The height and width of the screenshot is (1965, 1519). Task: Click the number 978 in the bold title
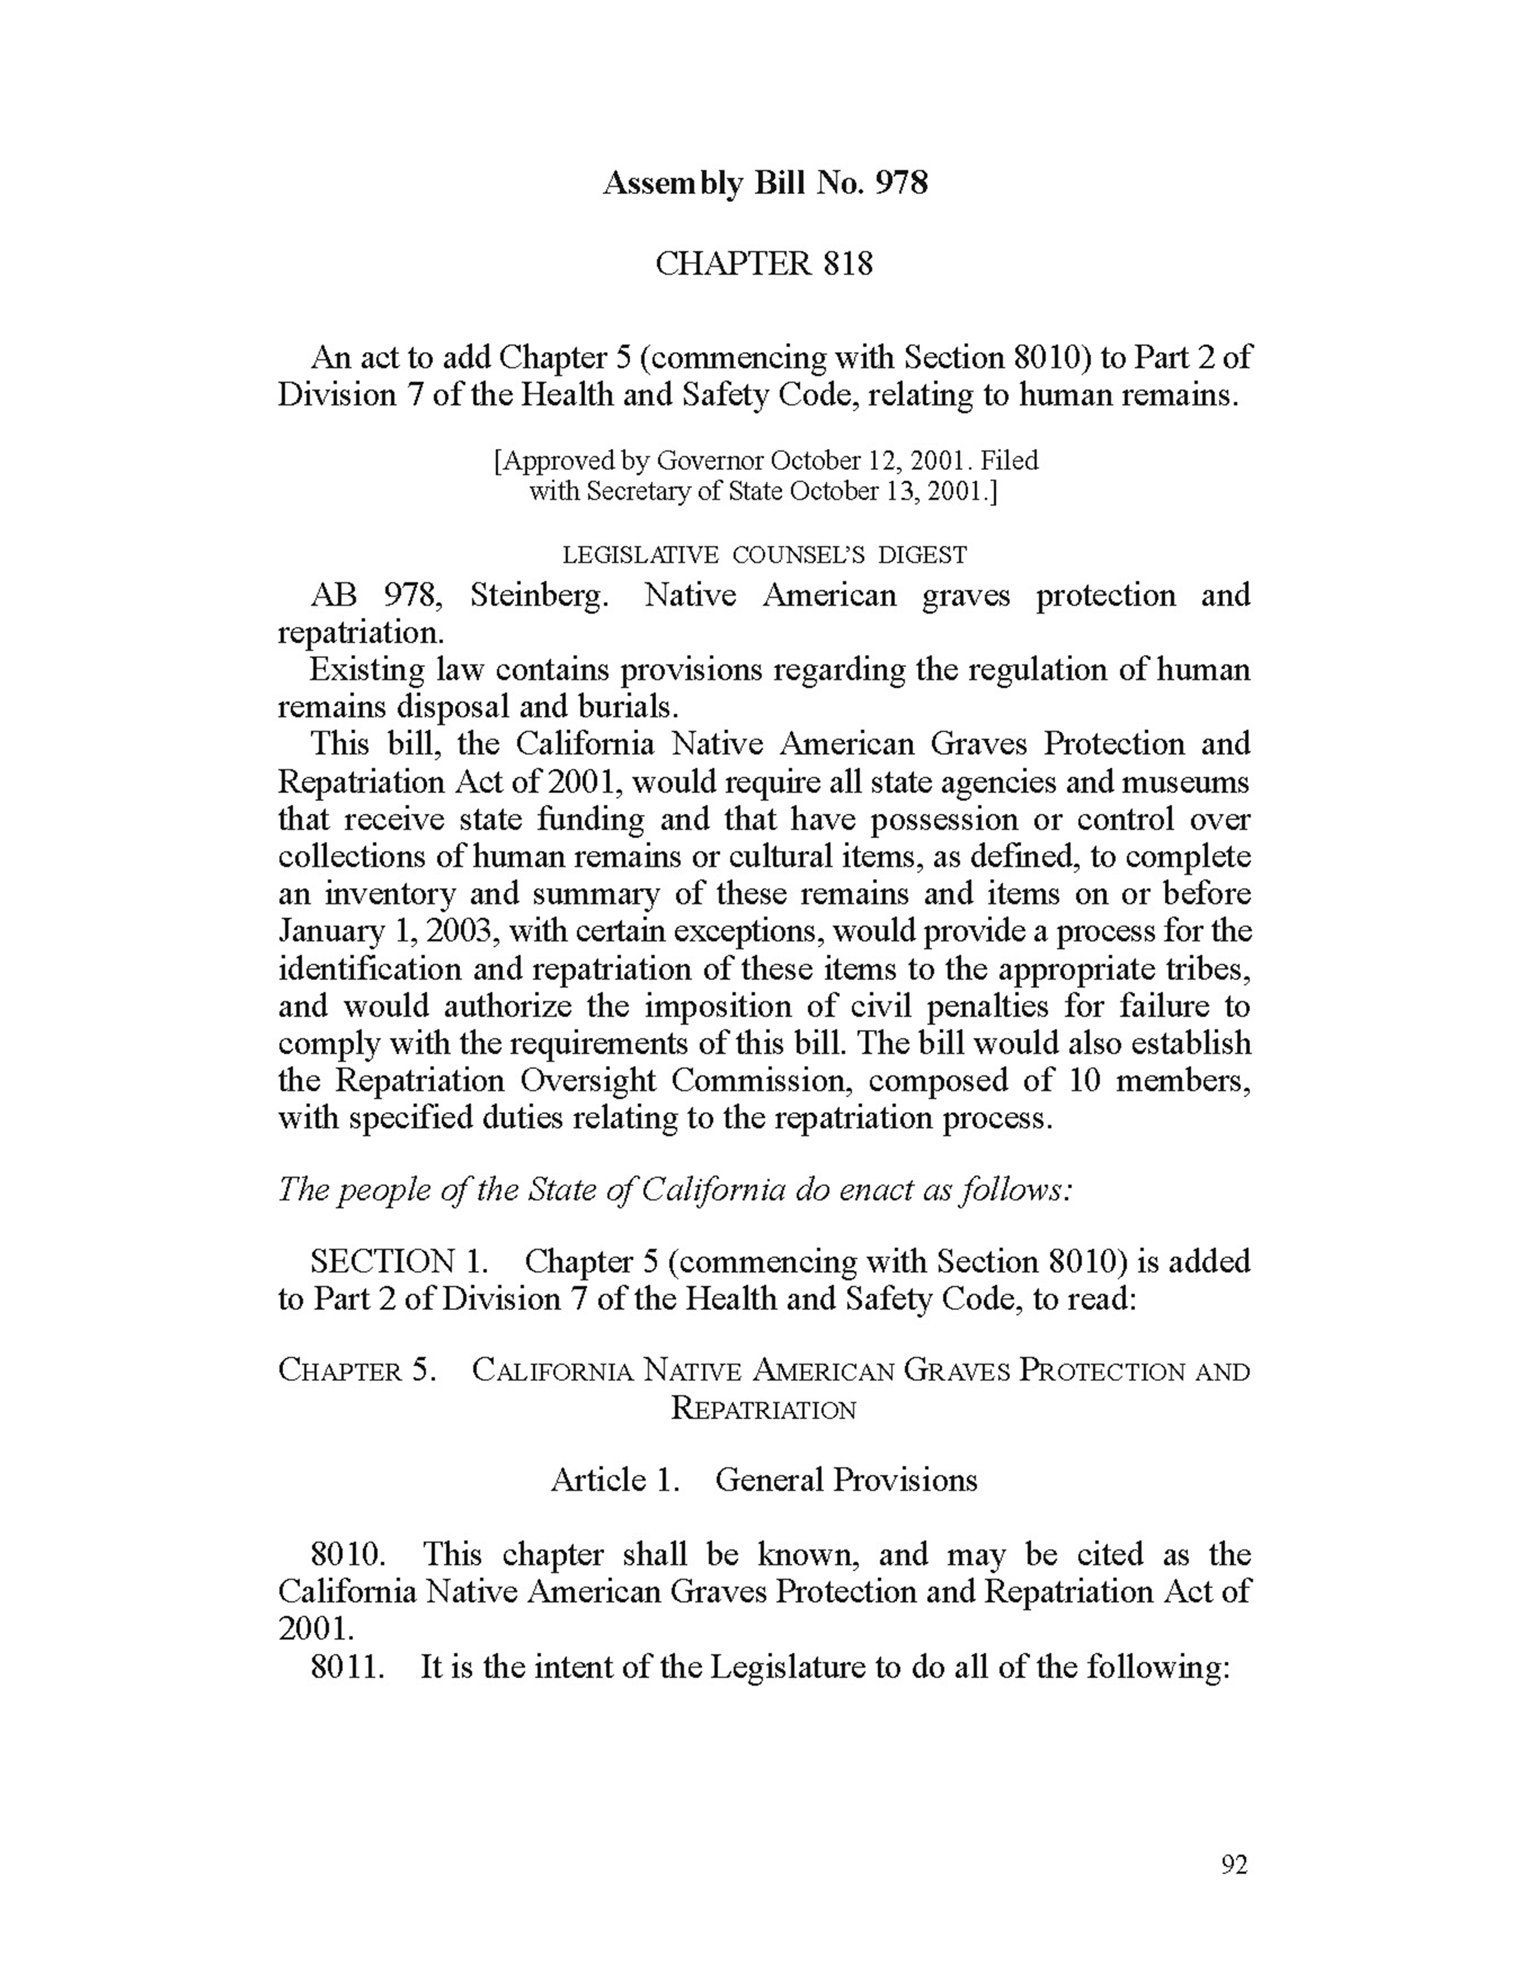coord(901,184)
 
